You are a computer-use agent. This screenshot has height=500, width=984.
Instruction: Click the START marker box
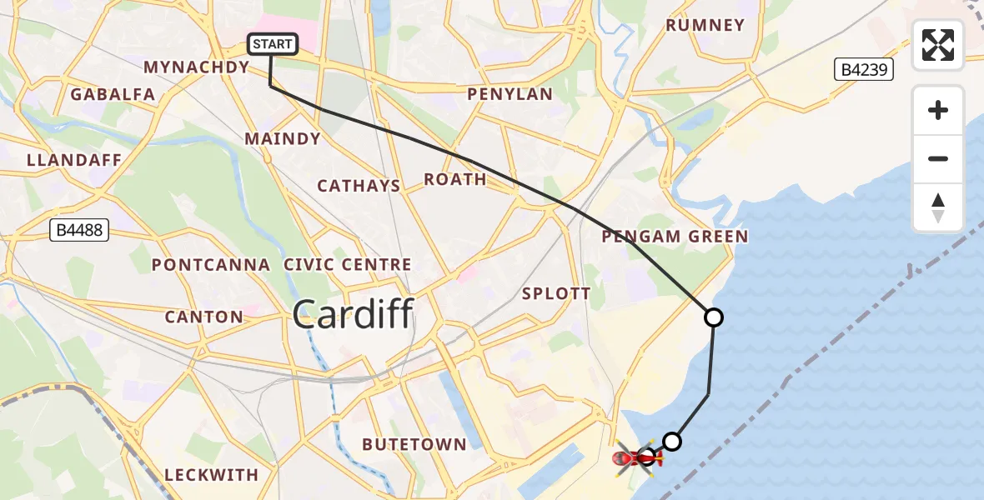[273, 44]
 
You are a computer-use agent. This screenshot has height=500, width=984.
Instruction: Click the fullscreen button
[938, 45]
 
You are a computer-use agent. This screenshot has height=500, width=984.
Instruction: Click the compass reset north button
[938, 207]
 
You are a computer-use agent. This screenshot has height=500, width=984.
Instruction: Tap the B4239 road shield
[864, 69]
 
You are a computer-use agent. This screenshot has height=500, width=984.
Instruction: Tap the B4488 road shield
[80, 230]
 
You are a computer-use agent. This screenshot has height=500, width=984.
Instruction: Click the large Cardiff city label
[353, 314]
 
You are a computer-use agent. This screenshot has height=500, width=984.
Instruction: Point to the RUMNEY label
[705, 25]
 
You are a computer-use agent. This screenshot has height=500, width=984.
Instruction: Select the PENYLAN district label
[510, 94]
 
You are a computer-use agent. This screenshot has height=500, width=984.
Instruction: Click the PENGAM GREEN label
[675, 237]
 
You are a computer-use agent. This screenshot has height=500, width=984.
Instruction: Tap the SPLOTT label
[556, 293]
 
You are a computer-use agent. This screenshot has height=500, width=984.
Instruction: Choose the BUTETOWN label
[414, 444]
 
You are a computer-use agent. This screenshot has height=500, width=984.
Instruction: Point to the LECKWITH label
[212, 475]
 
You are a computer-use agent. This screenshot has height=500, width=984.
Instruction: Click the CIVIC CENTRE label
[348, 265]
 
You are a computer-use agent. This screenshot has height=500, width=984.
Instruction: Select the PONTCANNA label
[211, 265]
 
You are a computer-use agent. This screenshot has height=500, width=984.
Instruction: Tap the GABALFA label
[113, 94]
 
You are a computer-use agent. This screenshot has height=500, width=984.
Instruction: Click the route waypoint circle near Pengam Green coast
[713, 317]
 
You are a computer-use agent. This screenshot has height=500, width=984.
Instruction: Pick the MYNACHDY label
[197, 67]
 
